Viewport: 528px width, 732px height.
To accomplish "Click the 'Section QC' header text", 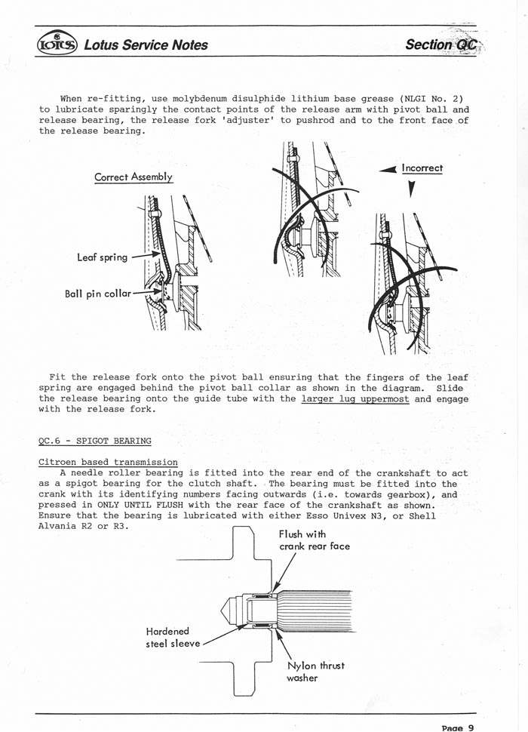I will coord(441,45).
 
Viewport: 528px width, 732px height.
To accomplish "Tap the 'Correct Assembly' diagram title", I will coord(134,177).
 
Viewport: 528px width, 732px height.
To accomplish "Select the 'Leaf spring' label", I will coord(102,257).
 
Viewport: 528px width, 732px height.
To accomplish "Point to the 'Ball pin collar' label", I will coord(97,294).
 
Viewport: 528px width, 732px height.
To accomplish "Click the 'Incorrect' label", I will coord(422,168).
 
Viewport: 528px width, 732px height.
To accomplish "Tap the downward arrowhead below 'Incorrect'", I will coord(411,192).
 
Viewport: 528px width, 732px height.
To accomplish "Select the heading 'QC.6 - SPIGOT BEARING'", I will coord(94,441).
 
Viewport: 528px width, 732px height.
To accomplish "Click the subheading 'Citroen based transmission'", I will coord(108,462).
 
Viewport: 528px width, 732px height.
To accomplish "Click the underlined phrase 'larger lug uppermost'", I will coord(355,398).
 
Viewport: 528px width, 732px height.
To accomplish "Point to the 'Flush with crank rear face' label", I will coord(314,540).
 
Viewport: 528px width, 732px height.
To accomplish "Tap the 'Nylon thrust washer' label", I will coord(315,672).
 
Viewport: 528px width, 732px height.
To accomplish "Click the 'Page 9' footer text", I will coord(458,727).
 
